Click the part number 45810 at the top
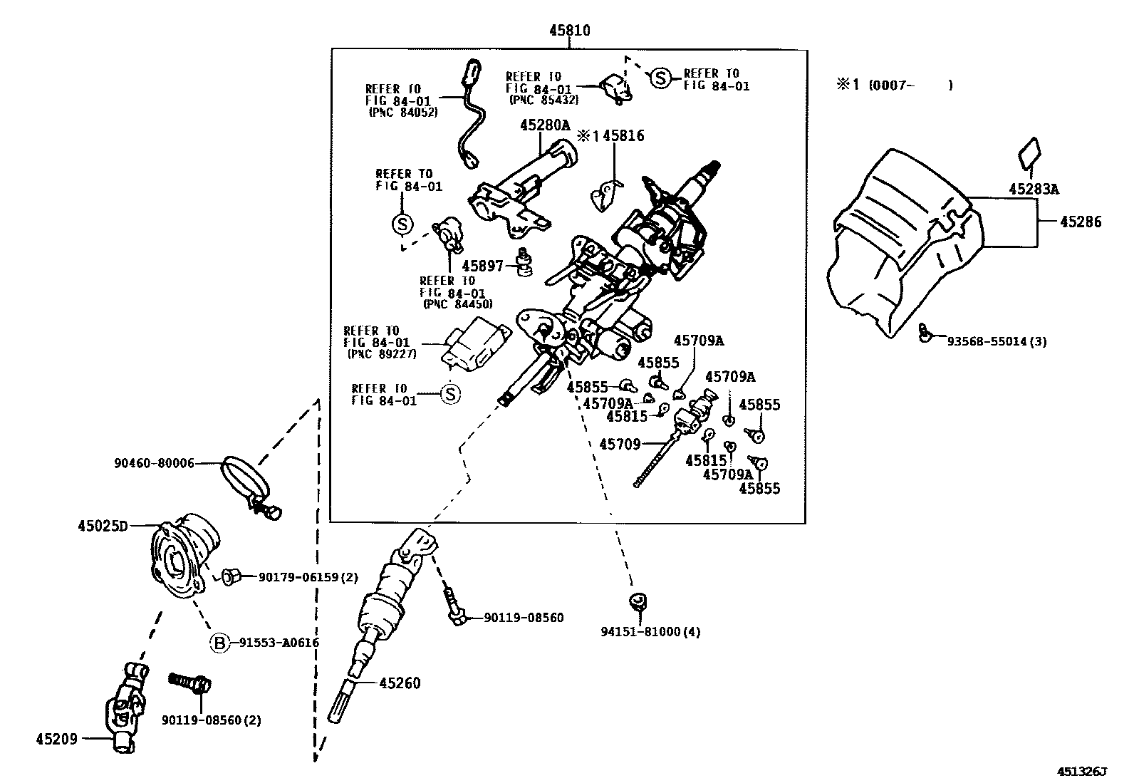(569, 31)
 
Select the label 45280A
(545, 125)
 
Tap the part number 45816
(623, 135)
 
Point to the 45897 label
(482, 266)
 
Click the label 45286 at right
(1080, 222)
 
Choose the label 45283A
(1034, 189)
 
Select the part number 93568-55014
(996, 341)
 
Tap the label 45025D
(103, 527)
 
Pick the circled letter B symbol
(220, 643)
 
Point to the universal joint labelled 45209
(128, 705)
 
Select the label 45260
(400, 683)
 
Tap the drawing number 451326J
(1083, 772)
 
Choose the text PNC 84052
(403, 113)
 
